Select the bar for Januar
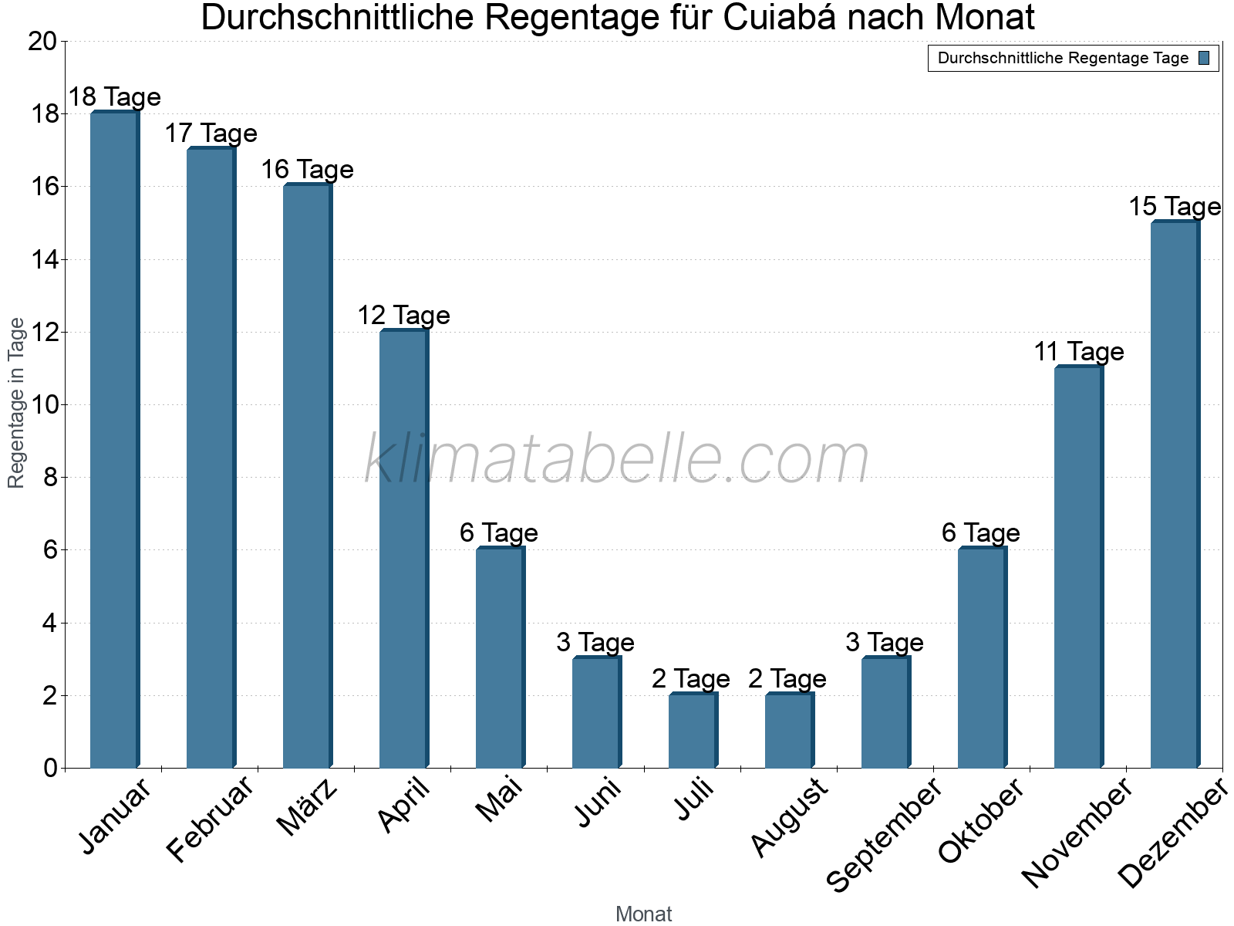click(x=114, y=440)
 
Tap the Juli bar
click(x=693, y=731)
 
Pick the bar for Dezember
click(x=1175, y=495)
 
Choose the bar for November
click(x=1078, y=567)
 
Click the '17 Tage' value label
click(x=211, y=133)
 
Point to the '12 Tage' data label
click(x=403, y=315)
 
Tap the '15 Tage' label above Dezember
click(x=1175, y=207)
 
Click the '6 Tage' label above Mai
click(x=499, y=532)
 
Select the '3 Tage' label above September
click(x=885, y=642)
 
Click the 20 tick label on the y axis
click(x=42, y=42)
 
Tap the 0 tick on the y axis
click(x=51, y=768)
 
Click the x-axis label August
click(x=789, y=818)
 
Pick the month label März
click(x=308, y=808)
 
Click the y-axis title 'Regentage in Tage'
click(x=16, y=403)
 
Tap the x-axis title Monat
click(x=644, y=914)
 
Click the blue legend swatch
click(x=1204, y=58)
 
